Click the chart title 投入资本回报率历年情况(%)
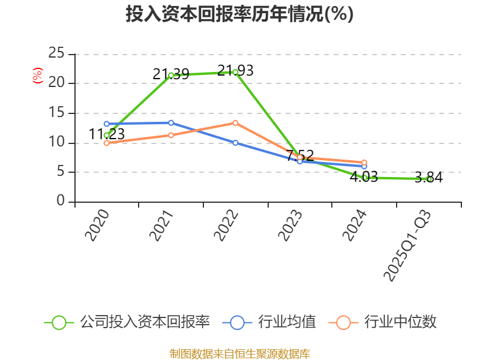(239, 14)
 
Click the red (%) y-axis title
(38, 76)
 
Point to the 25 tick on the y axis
(56, 53)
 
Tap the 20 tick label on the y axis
(56, 83)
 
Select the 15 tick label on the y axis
(56, 113)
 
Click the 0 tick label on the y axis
(61, 202)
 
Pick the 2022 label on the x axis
(226, 226)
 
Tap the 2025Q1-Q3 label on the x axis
(407, 246)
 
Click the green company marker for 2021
(171, 75)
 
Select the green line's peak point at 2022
(235, 72)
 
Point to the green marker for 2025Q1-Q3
(429, 179)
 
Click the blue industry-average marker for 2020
(106, 124)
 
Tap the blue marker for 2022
(235, 143)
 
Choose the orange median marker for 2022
(235, 123)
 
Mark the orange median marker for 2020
(106, 143)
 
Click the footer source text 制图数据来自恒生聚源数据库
(239, 353)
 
